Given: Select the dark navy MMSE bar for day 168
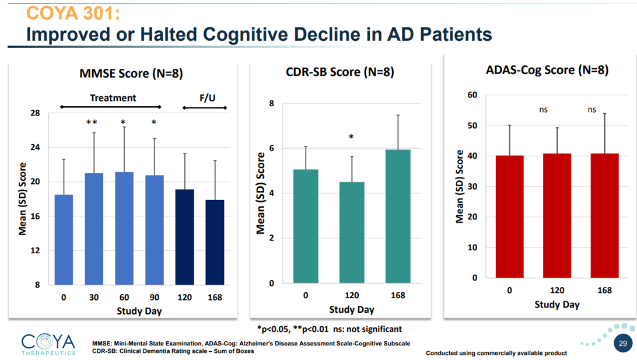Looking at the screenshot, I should click(x=215, y=242).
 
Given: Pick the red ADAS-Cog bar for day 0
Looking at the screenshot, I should click(x=509, y=216).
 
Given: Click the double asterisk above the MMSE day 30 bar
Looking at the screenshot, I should click(x=92, y=123).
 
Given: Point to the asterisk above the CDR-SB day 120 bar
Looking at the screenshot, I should click(x=351, y=137).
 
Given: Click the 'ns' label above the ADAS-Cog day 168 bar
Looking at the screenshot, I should click(x=592, y=109).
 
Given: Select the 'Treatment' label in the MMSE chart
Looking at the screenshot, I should click(x=113, y=98).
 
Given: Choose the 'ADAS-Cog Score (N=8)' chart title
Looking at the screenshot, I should click(x=547, y=71).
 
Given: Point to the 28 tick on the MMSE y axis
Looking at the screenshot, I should click(x=35, y=113).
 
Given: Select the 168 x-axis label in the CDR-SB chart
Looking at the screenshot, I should click(x=398, y=295).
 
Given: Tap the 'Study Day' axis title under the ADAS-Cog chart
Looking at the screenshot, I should click(x=557, y=305).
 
